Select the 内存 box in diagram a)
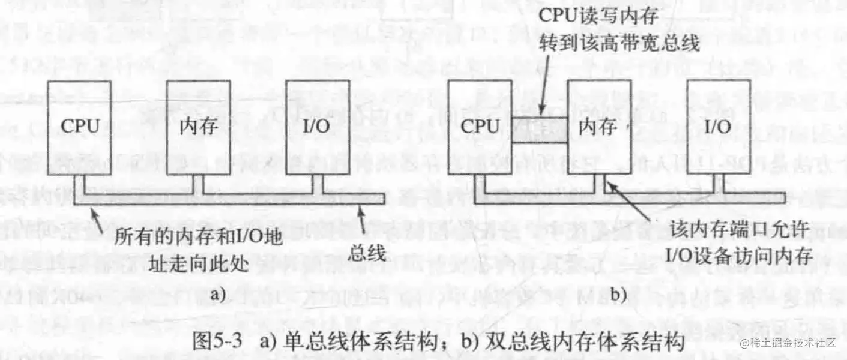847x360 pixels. [197, 127]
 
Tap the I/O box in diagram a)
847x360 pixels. [316, 127]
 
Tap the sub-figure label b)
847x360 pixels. [618, 295]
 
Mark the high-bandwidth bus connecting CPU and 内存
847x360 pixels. [538, 127]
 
